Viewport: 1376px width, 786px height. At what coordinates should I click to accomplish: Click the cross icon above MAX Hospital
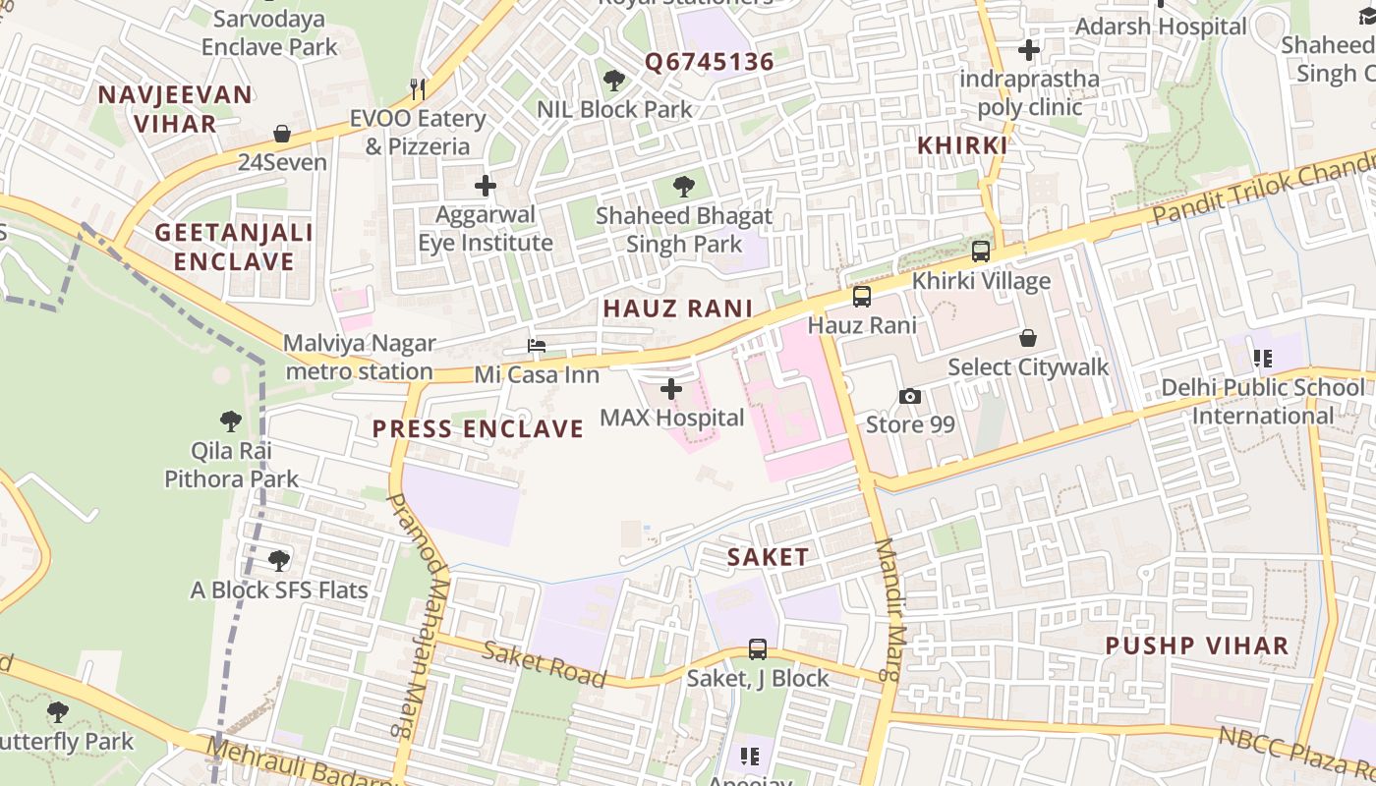click(671, 390)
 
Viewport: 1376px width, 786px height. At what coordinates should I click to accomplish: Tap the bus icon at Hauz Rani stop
click(862, 297)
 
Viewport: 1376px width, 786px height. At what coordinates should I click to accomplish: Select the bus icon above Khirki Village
click(981, 252)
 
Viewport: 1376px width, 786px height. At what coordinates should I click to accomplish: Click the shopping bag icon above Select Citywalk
click(1028, 338)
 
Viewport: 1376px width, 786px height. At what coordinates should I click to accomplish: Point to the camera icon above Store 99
click(910, 396)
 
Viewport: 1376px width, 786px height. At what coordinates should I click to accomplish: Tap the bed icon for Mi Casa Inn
click(537, 346)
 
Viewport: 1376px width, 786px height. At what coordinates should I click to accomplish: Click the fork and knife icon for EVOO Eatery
click(418, 89)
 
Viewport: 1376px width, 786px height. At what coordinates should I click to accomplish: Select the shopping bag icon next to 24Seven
click(282, 134)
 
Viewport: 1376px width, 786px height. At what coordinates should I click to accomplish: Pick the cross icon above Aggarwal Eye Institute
click(486, 185)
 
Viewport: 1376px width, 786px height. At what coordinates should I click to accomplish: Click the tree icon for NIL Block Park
click(614, 81)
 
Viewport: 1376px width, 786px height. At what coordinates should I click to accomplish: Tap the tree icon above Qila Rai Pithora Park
click(231, 422)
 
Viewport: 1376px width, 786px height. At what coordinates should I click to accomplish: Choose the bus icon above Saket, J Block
click(758, 649)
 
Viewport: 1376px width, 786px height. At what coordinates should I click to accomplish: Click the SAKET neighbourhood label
click(768, 557)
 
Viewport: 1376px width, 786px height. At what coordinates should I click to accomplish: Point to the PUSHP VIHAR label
click(1196, 646)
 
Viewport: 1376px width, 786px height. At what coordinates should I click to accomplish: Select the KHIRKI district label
click(961, 145)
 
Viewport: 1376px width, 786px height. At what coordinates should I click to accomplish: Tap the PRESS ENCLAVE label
click(478, 428)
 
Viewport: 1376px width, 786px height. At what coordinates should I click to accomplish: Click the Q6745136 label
click(709, 62)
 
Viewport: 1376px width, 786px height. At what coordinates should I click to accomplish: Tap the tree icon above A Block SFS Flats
click(279, 561)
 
